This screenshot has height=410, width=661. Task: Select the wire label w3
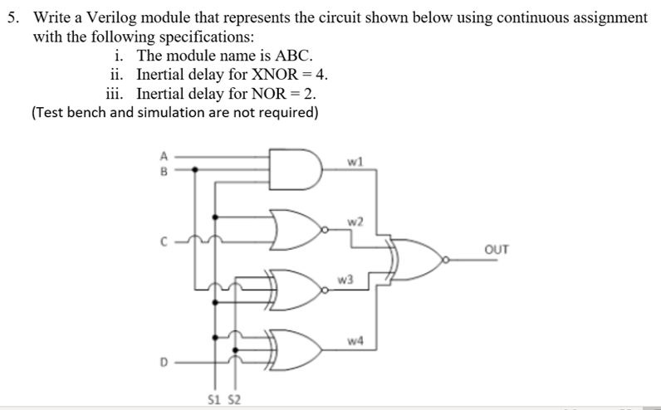pyautogui.click(x=345, y=280)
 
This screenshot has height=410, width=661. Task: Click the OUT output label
pyautogui.click(x=495, y=248)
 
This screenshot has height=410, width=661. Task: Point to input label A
pyautogui.click(x=164, y=155)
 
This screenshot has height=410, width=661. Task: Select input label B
pyautogui.click(x=164, y=171)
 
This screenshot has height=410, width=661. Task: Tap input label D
pyautogui.click(x=164, y=362)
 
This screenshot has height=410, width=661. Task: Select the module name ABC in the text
pyautogui.click(x=296, y=56)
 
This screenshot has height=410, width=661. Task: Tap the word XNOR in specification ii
pyautogui.click(x=267, y=75)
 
